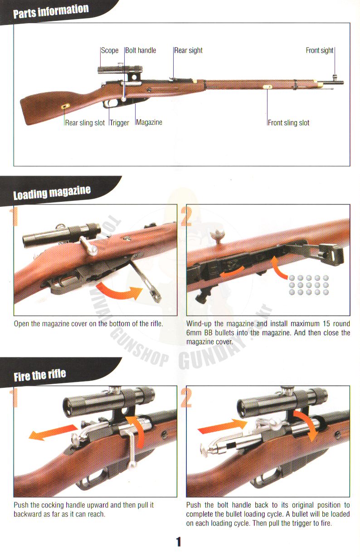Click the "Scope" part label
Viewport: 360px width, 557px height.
click(110, 50)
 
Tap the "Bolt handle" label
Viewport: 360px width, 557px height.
click(141, 50)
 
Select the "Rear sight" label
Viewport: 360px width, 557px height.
click(188, 50)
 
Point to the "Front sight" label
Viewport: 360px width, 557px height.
click(320, 50)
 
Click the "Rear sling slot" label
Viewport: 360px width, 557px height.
click(85, 123)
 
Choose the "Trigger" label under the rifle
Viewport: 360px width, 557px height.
click(119, 123)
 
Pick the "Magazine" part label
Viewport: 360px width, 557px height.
click(149, 122)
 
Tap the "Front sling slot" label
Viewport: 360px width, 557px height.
click(288, 123)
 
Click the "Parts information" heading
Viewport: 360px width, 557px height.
click(51, 11)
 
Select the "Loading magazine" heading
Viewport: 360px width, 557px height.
click(52, 193)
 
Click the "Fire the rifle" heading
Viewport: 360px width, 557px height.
click(40, 375)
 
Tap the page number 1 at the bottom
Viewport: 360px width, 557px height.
click(179, 542)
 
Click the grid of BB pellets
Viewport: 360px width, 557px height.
click(309, 285)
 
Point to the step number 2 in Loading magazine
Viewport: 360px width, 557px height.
click(186, 216)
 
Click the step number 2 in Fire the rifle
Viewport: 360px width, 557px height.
click(186, 398)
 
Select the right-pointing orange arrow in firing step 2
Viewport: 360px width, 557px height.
click(223, 426)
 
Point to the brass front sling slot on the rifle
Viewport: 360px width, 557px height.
click(268, 87)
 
